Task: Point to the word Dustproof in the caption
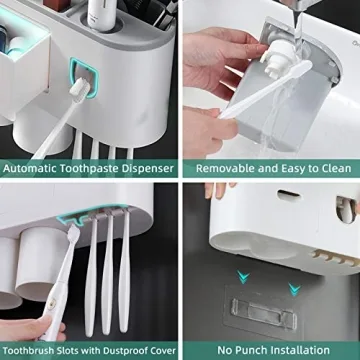point(126,350)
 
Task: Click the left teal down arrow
point(241,278)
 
